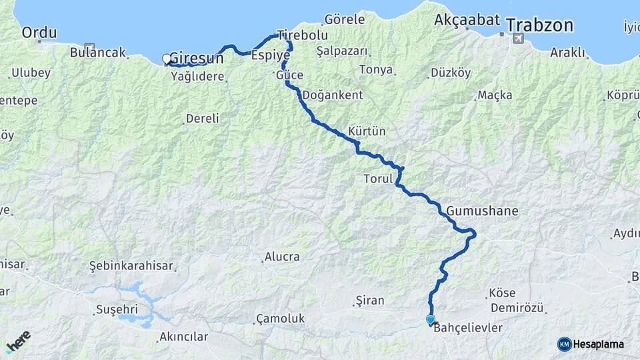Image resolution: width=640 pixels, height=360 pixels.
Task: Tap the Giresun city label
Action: [197, 57]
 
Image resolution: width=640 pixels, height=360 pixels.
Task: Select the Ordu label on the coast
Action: [39, 32]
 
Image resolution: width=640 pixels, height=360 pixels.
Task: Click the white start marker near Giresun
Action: [167, 59]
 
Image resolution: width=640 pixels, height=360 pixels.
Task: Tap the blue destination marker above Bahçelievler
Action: [431, 319]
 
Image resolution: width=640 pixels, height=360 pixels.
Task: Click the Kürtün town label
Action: [367, 131]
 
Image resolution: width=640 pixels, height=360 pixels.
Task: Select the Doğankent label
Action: [333, 95]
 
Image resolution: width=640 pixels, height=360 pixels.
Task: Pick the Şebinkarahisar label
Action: [131, 266]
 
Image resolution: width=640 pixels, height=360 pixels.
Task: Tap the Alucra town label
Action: [282, 257]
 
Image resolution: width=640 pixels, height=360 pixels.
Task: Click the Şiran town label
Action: [370, 301]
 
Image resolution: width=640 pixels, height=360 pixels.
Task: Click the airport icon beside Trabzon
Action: [518, 39]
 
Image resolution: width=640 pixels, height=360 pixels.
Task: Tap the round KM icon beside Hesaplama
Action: [564, 344]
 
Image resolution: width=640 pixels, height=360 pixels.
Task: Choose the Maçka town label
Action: [495, 96]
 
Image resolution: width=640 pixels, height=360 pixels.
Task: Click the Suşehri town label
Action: [117, 309]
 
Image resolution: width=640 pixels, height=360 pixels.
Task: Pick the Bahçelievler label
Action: [467, 329]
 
